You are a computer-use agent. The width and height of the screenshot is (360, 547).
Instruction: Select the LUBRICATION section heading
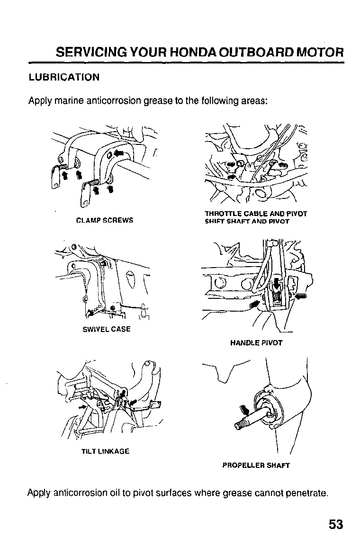click(64, 77)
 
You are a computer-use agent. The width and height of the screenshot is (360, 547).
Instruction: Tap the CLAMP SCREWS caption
click(105, 220)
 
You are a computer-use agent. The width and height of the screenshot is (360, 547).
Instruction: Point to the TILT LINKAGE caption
click(105, 451)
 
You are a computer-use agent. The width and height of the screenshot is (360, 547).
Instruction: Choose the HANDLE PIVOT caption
click(256, 343)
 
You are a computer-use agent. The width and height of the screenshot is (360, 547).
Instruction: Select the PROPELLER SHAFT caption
click(256, 465)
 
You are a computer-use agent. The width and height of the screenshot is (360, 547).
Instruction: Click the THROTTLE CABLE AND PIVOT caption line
click(256, 214)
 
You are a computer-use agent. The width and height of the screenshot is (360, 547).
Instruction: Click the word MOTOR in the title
click(319, 52)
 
